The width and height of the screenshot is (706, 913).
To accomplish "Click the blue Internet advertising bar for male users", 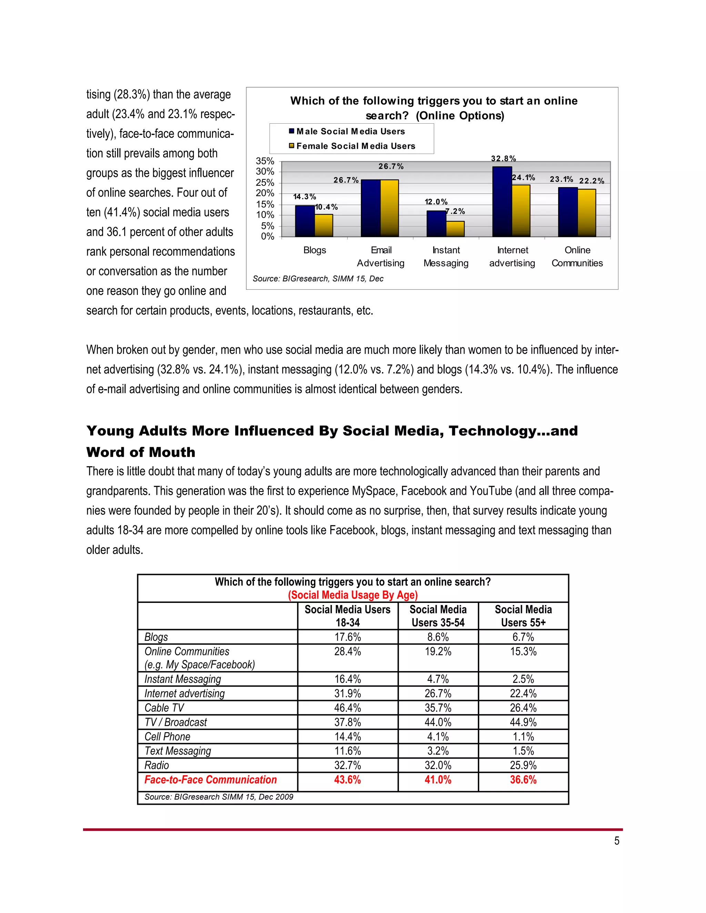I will pos(502,202).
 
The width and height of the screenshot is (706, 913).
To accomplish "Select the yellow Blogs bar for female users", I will pos(324,226).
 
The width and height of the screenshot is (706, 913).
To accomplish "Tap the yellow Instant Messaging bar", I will pos(455,229).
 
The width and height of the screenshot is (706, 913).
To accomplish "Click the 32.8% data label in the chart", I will pos(503,158).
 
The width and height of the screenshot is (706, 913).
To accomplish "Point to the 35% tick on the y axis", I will pos(265,161).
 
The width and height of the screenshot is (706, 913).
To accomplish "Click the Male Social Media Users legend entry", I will pos(351,131).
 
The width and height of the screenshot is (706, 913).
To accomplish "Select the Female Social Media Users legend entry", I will pos(355,146).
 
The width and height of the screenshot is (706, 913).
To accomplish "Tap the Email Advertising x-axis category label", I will pos(381,256).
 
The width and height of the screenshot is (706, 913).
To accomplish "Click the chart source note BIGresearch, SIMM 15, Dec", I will pos(318,278).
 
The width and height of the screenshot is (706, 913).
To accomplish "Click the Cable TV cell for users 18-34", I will pos(347,708).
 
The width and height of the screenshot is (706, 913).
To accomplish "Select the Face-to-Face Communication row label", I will pos(210,780).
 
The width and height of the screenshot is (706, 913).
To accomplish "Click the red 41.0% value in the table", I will pos(437,780).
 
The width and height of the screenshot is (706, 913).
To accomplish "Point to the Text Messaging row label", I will pos(178,751).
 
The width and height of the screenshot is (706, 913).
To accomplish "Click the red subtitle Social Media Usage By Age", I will pos(353,595).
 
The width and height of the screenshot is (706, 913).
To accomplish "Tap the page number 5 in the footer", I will pos(616,841).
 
